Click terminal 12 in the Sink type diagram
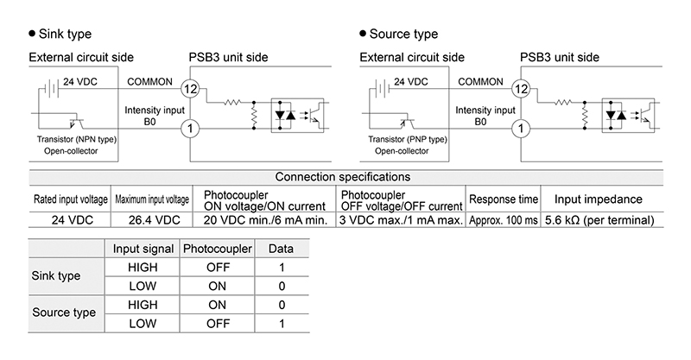pos(190,89)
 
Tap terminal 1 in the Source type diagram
pos(521,129)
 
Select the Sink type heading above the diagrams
pos(60,34)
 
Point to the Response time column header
pos(504,199)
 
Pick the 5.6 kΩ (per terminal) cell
pos(599,220)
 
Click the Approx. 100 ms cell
pos(504,220)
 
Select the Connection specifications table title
pos(342,177)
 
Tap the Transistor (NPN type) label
pos(77,139)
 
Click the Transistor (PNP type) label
pos(408,139)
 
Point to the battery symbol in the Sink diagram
pos(52,89)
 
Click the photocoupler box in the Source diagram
pos(628,116)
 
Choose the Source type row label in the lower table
pos(64,313)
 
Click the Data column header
pos(281,249)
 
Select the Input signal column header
pos(143,249)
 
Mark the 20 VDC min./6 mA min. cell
pos(265,220)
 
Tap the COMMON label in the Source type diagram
pos(480,81)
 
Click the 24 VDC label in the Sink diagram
pos(80,81)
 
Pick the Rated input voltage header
pos(71,199)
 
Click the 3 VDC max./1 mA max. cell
pos(401,220)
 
